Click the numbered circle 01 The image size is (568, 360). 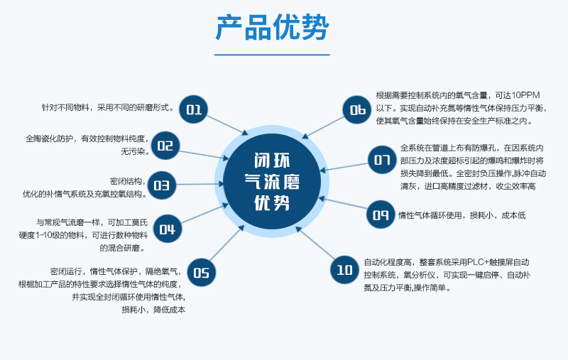[x=193, y=109]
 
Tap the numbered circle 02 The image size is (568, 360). [x=165, y=146]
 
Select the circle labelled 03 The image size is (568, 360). [x=162, y=185]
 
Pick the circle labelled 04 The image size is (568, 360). [x=168, y=229]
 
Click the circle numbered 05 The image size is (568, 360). [x=202, y=272]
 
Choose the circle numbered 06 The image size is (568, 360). [x=357, y=109]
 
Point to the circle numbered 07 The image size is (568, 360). [x=382, y=159]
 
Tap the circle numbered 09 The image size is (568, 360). [x=381, y=214]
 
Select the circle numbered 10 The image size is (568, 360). [x=344, y=269]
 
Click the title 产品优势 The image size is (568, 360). [x=272, y=27]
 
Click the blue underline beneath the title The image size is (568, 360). [x=272, y=55]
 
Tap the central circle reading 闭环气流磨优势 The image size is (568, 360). [x=272, y=181]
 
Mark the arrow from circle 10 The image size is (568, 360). [x=316, y=244]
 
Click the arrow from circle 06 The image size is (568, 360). [x=323, y=128]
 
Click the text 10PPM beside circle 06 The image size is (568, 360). [x=525, y=95]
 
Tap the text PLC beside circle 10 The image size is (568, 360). [x=474, y=262]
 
